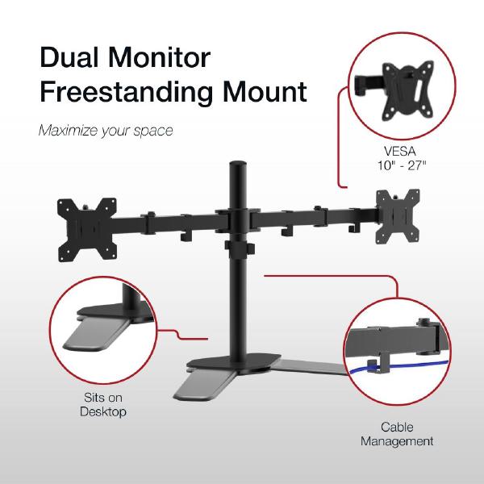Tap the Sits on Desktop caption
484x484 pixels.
coord(104,405)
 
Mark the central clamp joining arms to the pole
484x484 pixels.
coord(239,220)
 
